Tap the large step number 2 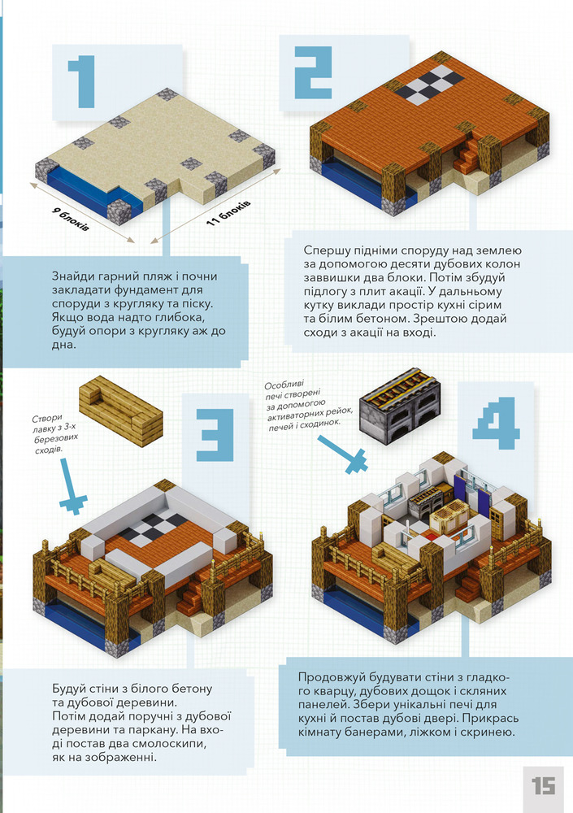coord(313,72)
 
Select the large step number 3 coord(215,435)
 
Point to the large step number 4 coord(496,423)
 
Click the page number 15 coord(543,786)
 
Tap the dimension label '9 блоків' coord(70,219)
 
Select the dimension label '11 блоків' coord(228,212)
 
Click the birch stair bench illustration coord(121,411)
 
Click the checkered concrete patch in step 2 coord(433,85)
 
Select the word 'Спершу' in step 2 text coord(324,251)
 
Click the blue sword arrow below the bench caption coord(71,486)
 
